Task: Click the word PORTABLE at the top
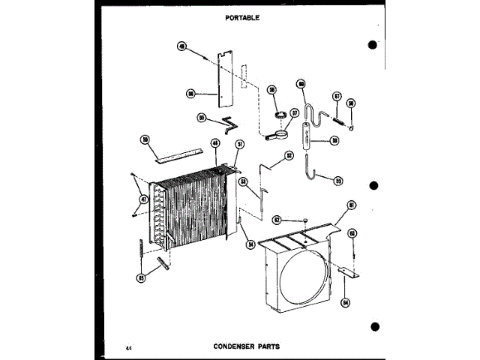pyautogui.click(x=241, y=17)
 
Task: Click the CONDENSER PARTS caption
pyautogui.click(x=242, y=346)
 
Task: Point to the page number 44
pyautogui.click(x=130, y=347)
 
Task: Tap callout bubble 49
pyautogui.click(x=181, y=46)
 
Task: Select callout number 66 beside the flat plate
pyautogui.click(x=191, y=94)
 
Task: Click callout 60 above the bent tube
pyautogui.click(x=301, y=84)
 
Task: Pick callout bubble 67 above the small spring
pyautogui.click(x=337, y=97)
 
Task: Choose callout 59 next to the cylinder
pyautogui.click(x=334, y=140)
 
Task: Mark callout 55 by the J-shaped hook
pyautogui.click(x=337, y=180)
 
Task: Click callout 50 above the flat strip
pyautogui.click(x=145, y=139)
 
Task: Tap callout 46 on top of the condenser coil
pyautogui.click(x=214, y=142)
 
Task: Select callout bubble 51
pyautogui.click(x=240, y=143)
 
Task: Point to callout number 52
pyautogui.click(x=289, y=156)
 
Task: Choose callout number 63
pyautogui.click(x=351, y=233)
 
